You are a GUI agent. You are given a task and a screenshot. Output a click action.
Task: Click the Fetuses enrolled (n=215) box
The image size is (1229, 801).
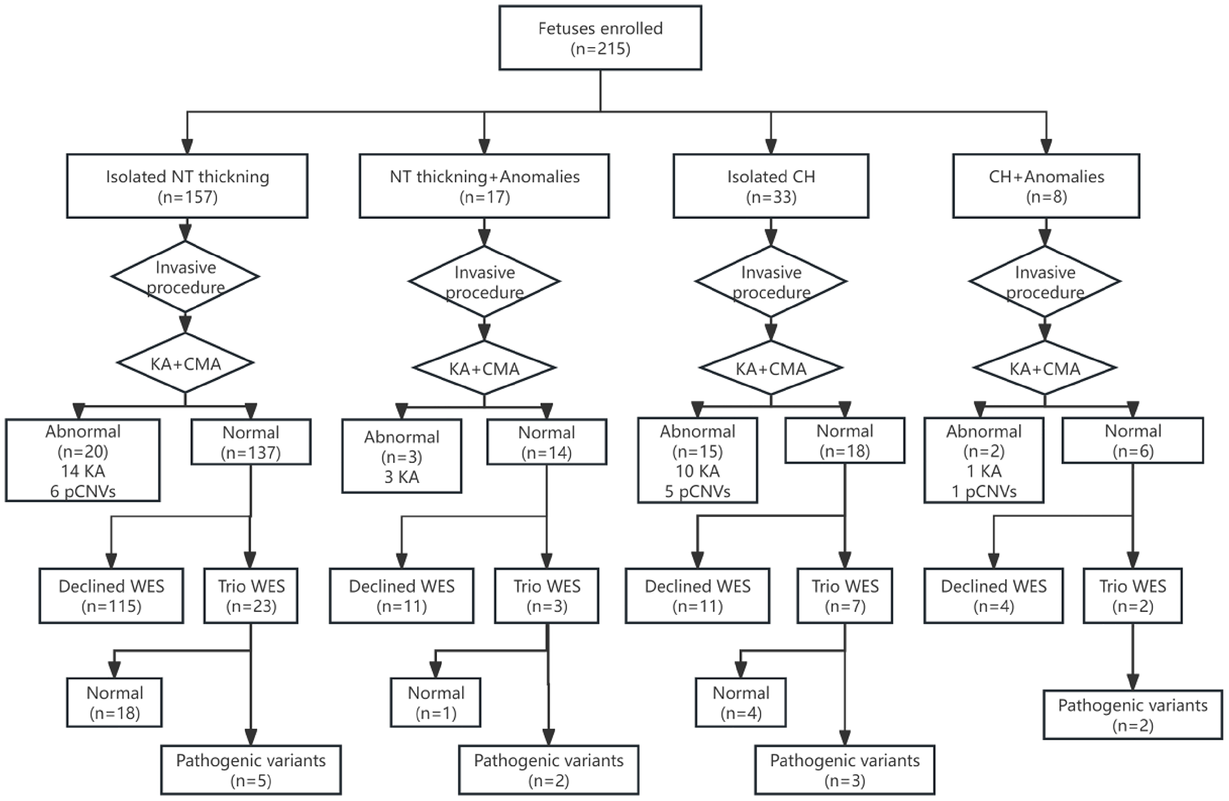(x=600, y=38)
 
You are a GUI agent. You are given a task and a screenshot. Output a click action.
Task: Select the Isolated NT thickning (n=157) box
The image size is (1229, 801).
(x=187, y=186)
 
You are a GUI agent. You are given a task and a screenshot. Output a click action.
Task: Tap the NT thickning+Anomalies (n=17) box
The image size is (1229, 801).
(x=484, y=186)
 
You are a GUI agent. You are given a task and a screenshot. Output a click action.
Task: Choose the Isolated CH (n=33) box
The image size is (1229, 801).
(x=771, y=186)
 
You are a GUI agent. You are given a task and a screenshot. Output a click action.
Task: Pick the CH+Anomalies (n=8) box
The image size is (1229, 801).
(x=1046, y=186)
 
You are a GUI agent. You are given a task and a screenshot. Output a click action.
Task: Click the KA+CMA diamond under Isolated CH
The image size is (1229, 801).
(x=771, y=368)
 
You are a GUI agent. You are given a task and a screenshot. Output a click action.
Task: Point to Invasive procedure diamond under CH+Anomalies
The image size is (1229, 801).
(x=1045, y=281)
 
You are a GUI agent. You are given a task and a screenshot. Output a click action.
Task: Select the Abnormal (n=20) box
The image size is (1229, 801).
(x=83, y=460)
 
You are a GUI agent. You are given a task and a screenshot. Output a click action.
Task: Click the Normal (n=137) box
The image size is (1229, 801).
(x=251, y=442)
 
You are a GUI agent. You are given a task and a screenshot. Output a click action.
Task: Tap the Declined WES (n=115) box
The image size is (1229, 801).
(x=111, y=596)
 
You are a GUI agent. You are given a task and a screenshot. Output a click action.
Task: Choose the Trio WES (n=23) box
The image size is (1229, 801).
(x=251, y=596)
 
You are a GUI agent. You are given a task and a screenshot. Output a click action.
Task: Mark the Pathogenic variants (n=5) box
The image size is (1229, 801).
(x=251, y=770)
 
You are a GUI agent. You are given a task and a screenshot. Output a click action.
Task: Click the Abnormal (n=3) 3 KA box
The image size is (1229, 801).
(x=402, y=456)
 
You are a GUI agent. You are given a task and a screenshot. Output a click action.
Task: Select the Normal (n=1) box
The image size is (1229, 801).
(x=436, y=702)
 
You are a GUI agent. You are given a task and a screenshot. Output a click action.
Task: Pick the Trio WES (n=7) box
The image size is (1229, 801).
(x=845, y=596)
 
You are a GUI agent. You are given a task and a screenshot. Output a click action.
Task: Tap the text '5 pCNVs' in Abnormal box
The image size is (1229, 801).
(x=698, y=491)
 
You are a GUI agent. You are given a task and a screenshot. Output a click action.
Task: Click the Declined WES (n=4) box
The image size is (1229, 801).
(x=993, y=596)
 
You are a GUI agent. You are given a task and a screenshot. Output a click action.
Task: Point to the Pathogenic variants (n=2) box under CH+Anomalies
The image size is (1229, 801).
(x=1133, y=715)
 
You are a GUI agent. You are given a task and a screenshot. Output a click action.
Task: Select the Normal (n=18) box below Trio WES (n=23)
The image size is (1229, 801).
(x=114, y=702)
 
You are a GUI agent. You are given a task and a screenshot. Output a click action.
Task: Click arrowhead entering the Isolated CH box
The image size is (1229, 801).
(x=771, y=146)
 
